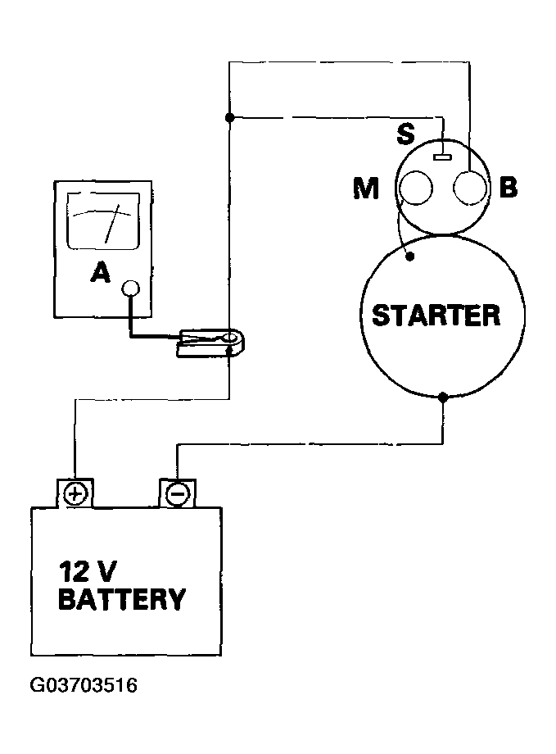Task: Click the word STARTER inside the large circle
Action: [x=436, y=316]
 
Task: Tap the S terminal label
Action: [x=405, y=134]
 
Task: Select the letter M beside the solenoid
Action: [x=366, y=188]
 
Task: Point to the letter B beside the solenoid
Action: [x=509, y=187]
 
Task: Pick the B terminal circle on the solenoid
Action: [x=471, y=188]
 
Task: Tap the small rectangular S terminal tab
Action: [x=443, y=157]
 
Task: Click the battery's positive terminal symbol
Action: [x=75, y=494]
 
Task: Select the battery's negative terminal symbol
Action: [x=178, y=494]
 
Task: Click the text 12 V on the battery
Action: [x=88, y=572]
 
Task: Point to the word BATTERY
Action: [x=122, y=599]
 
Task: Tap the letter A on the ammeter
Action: [x=101, y=273]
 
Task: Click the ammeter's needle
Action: [x=111, y=223]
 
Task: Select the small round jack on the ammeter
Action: [x=131, y=288]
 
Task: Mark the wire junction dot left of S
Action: [x=230, y=117]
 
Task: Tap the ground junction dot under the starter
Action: [x=443, y=397]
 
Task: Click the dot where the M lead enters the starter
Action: [x=410, y=257]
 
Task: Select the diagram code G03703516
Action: [x=84, y=685]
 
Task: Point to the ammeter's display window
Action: [x=103, y=221]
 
